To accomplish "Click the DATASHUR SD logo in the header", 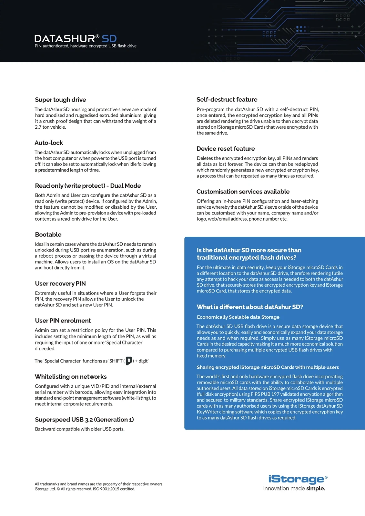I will pos(75,39).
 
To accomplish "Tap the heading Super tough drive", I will pos(60,100).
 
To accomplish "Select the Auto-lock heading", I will pos(49,143).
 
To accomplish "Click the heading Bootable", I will pos(48,234).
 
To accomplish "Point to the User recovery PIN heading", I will pos(60,283).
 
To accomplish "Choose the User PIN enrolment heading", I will pos(63,321).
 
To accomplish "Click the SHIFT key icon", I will pos(129,361).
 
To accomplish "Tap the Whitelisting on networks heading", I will pos(71,376).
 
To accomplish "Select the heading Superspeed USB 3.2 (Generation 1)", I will pos(84,420).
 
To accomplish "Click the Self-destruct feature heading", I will pos(227,100).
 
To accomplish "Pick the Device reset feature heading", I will pos(226,149).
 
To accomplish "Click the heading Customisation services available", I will pos(243,192).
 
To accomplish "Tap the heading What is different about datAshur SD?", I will pos(250,307).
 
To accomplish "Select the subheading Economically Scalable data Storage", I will pos(238,317).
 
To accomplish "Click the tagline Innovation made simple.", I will pos(294,488).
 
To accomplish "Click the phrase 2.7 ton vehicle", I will pos(50,127).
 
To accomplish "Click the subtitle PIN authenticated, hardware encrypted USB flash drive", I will pos(86,46).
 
